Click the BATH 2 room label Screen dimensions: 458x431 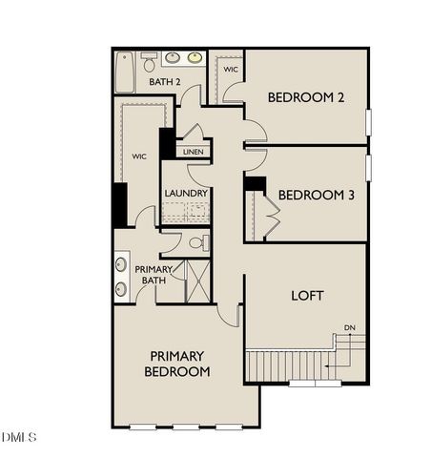click(x=165, y=83)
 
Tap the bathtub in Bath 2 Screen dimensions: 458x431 click(x=125, y=73)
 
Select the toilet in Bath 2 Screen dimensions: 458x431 click(x=149, y=62)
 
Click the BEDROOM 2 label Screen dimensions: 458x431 click(x=305, y=97)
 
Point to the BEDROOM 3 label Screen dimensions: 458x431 click(x=317, y=195)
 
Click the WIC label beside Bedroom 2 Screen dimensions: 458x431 click(x=231, y=70)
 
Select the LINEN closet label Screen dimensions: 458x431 click(x=193, y=152)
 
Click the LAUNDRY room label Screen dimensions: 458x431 click(x=185, y=193)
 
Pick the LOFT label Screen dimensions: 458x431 click(x=307, y=295)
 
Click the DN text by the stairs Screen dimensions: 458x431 click(x=350, y=328)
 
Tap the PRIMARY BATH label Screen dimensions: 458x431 click(x=154, y=275)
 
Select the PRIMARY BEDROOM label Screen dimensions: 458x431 click(x=177, y=364)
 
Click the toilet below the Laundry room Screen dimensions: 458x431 click(x=197, y=243)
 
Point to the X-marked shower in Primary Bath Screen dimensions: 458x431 click(x=197, y=281)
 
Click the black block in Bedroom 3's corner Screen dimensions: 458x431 click(x=255, y=183)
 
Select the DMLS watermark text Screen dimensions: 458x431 click(x=19, y=437)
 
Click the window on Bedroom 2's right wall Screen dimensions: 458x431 click(x=368, y=123)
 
